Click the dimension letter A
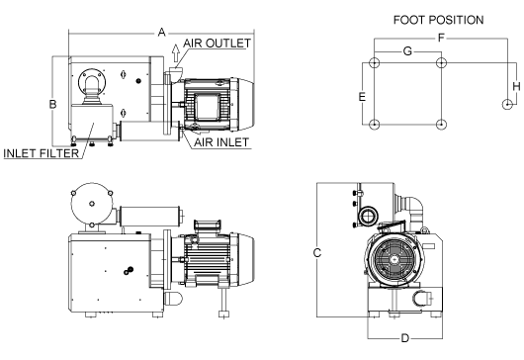tap(162, 33)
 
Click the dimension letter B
tap(52, 104)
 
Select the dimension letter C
tap(317, 253)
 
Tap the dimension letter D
tap(404, 338)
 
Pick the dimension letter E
tap(362, 97)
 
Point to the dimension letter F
tap(442, 38)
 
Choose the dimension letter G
tap(407, 51)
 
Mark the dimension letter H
tap(517, 86)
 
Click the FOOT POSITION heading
tap(438, 20)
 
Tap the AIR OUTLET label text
tap(218, 44)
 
